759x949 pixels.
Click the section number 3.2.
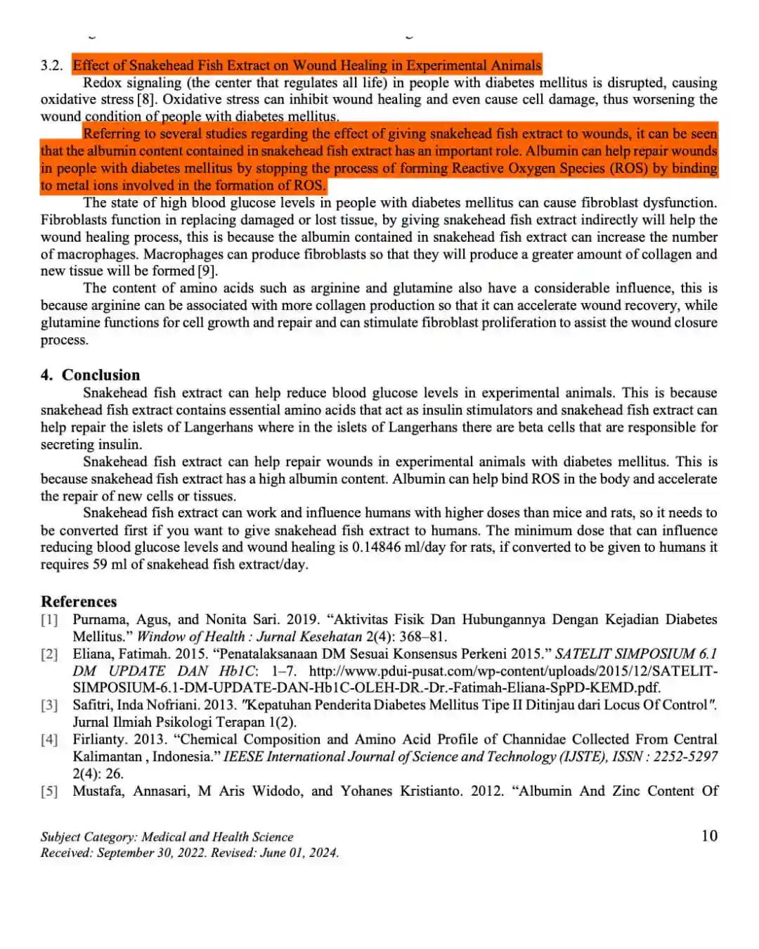pyautogui.click(x=51, y=65)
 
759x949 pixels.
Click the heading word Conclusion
pyautogui.click(x=100, y=375)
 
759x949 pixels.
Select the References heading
pyautogui.click(x=79, y=602)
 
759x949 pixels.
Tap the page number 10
pyautogui.click(x=709, y=835)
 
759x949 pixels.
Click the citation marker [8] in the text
pyautogui.click(x=146, y=99)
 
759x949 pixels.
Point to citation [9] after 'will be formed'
pyautogui.click(x=207, y=271)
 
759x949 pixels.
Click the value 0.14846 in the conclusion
pyautogui.click(x=377, y=547)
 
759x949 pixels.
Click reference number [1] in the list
pyautogui.click(x=49, y=619)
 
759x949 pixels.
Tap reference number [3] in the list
pyautogui.click(x=49, y=705)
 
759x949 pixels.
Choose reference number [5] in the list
pyautogui.click(x=49, y=791)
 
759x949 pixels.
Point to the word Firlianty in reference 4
pyautogui.click(x=98, y=739)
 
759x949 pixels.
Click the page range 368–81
pyautogui.click(x=422, y=637)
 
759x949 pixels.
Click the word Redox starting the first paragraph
pyautogui.click(x=102, y=82)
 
